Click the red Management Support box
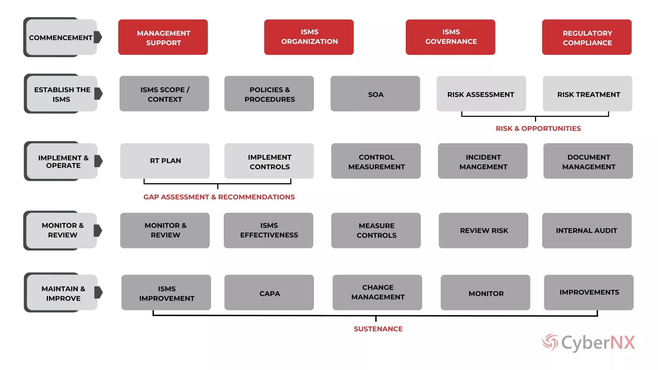point(163,37)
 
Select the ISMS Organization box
point(309,37)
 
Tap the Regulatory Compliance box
point(587,37)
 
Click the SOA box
point(375,94)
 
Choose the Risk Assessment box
point(481,94)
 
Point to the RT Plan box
point(165,161)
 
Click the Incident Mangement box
point(483,161)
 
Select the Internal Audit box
point(587,231)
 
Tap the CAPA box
point(269,293)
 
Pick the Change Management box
point(377,293)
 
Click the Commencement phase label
point(60,37)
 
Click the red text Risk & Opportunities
point(538,128)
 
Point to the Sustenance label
point(378,329)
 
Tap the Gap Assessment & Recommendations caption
point(219,197)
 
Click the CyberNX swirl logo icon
point(550,342)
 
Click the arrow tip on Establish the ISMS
point(102,94)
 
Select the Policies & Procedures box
point(269,94)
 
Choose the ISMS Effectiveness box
point(268,231)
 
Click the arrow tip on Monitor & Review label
point(102,231)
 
